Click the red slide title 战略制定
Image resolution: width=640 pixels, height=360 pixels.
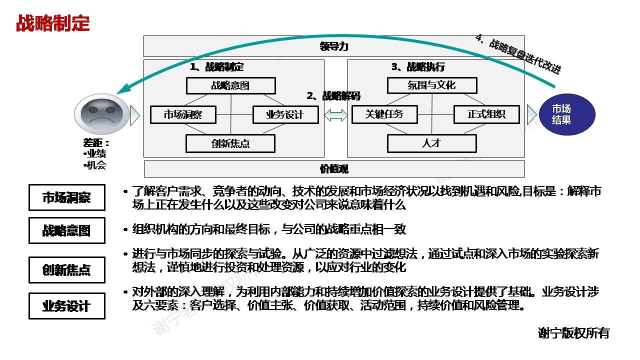(x=52, y=23)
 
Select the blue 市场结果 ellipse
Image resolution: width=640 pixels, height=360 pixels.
(x=567, y=114)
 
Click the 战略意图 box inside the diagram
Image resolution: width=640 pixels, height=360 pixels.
(x=230, y=85)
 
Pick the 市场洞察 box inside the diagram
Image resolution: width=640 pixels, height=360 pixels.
(x=183, y=114)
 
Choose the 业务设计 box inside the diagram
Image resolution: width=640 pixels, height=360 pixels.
(x=285, y=114)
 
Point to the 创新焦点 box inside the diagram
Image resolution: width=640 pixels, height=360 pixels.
(x=230, y=143)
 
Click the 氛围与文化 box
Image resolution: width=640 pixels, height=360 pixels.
(x=431, y=85)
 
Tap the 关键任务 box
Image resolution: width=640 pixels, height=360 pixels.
(x=384, y=114)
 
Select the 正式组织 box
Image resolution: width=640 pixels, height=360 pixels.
(x=486, y=114)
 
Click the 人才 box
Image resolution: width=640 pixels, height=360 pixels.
(x=431, y=143)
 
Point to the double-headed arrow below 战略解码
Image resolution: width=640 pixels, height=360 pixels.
(x=336, y=115)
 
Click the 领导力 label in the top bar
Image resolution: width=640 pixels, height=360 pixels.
(x=334, y=46)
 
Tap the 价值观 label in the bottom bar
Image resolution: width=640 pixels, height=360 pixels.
(x=334, y=169)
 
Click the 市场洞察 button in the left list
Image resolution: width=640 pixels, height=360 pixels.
(x=67, y=197)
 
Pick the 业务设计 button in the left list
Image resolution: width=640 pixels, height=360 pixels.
(x=67, y=306)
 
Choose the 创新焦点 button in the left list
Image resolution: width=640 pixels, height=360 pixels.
(x=67, y=270)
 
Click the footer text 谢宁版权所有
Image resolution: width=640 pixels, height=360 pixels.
(x=573, y=333)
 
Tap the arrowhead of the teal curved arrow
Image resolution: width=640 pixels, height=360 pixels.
(x=120, y=91)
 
